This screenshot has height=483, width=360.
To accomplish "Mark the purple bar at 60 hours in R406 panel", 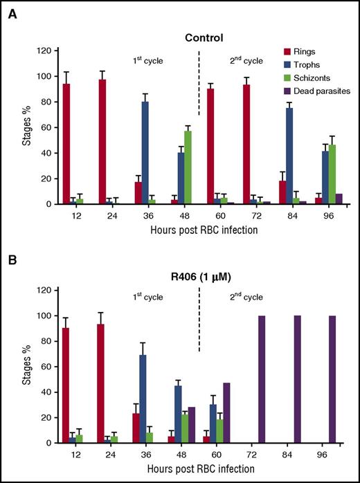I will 226,412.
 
